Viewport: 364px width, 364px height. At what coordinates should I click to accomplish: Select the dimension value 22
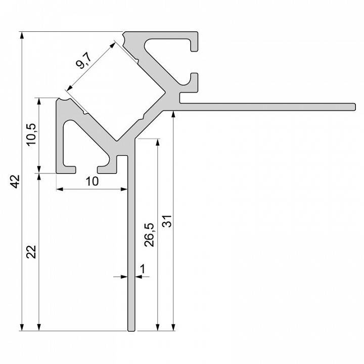(31, 251)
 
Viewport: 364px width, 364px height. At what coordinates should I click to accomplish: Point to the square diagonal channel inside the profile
(116, 91)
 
